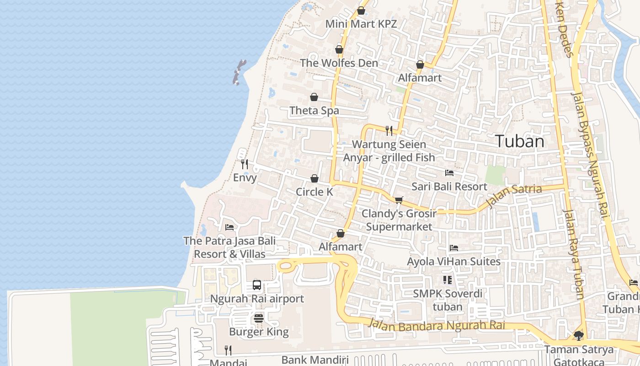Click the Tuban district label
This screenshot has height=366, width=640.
(x=520, y=141)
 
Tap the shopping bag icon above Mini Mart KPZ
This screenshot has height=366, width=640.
(x=361, y=11)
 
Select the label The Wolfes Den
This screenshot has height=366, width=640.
(x=339, y=63)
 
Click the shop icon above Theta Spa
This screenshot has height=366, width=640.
(x=314, y=97)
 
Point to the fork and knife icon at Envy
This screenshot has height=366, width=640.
(x=245, y=164)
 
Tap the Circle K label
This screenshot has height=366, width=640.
(x=315, y=192)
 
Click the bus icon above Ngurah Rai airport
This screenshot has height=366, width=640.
(x=257, y=285)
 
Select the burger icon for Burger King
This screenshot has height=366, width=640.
(x=259, y=318)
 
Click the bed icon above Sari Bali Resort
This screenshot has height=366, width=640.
(x=449, y=173)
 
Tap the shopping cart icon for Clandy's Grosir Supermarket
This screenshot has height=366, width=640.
(x=399, y=200)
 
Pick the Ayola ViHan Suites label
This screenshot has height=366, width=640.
(x=453, y=262)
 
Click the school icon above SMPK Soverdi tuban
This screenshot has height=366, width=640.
(x=447, y=280)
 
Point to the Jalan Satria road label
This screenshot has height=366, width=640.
(x=514, y=195)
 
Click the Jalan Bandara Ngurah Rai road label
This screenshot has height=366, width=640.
(x=437, y=326)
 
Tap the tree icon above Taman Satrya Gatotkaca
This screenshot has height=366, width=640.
(x=578, y=336)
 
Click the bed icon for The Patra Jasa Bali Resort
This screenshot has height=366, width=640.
(x=229, y=227)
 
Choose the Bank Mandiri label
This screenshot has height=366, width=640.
(x=315, y=360)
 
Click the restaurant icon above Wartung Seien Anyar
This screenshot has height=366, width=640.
(x=389, y=131)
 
